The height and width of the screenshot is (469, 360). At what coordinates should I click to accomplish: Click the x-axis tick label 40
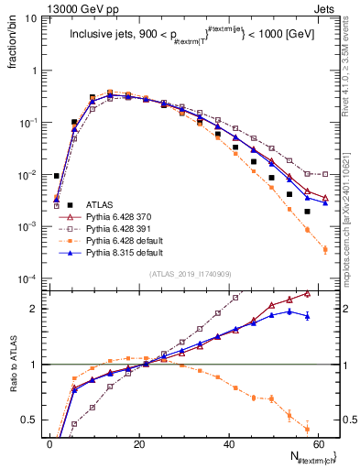tap(228, 442)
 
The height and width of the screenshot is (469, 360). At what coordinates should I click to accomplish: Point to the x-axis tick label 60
tap(317, 442)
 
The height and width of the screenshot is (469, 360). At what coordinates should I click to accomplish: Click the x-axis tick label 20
tap(138, 442)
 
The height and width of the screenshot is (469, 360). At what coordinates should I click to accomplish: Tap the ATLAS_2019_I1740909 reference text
tap(190, 274)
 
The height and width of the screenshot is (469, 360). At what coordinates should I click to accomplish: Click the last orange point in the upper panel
tap(325, 248)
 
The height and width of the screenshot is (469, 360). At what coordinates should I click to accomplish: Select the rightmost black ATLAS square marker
tap(307, 212)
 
